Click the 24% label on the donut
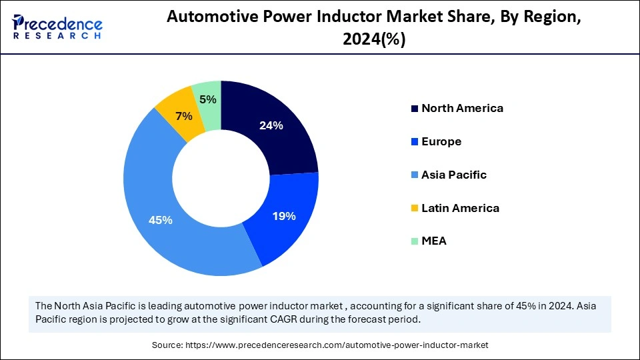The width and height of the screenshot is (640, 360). [x=271, y=125]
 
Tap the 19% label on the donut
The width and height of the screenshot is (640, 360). [x=284, y=216]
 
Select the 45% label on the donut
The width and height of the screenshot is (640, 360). [x=160, y=219]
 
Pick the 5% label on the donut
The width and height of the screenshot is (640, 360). [x=208, y=99]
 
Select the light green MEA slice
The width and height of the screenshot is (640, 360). [x=208, y=93]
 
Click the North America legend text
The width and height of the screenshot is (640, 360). [x=462, y=108]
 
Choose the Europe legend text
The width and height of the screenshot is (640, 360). [x=441, y=141]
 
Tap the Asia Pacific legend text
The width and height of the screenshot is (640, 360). [x=454, y=175]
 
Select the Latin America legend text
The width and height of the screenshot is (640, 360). [x=460, y=208]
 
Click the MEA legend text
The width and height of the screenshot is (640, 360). [x=434, y=241]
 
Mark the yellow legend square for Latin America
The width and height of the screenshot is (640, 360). [x=415, y=209]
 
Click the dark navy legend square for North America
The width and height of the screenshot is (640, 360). [x=415, y=109]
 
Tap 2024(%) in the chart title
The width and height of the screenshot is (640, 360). [x=374, y=39]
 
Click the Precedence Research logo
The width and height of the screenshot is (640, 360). [x=57, y=26]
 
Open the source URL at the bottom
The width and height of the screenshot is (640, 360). [x=319, y=345]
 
